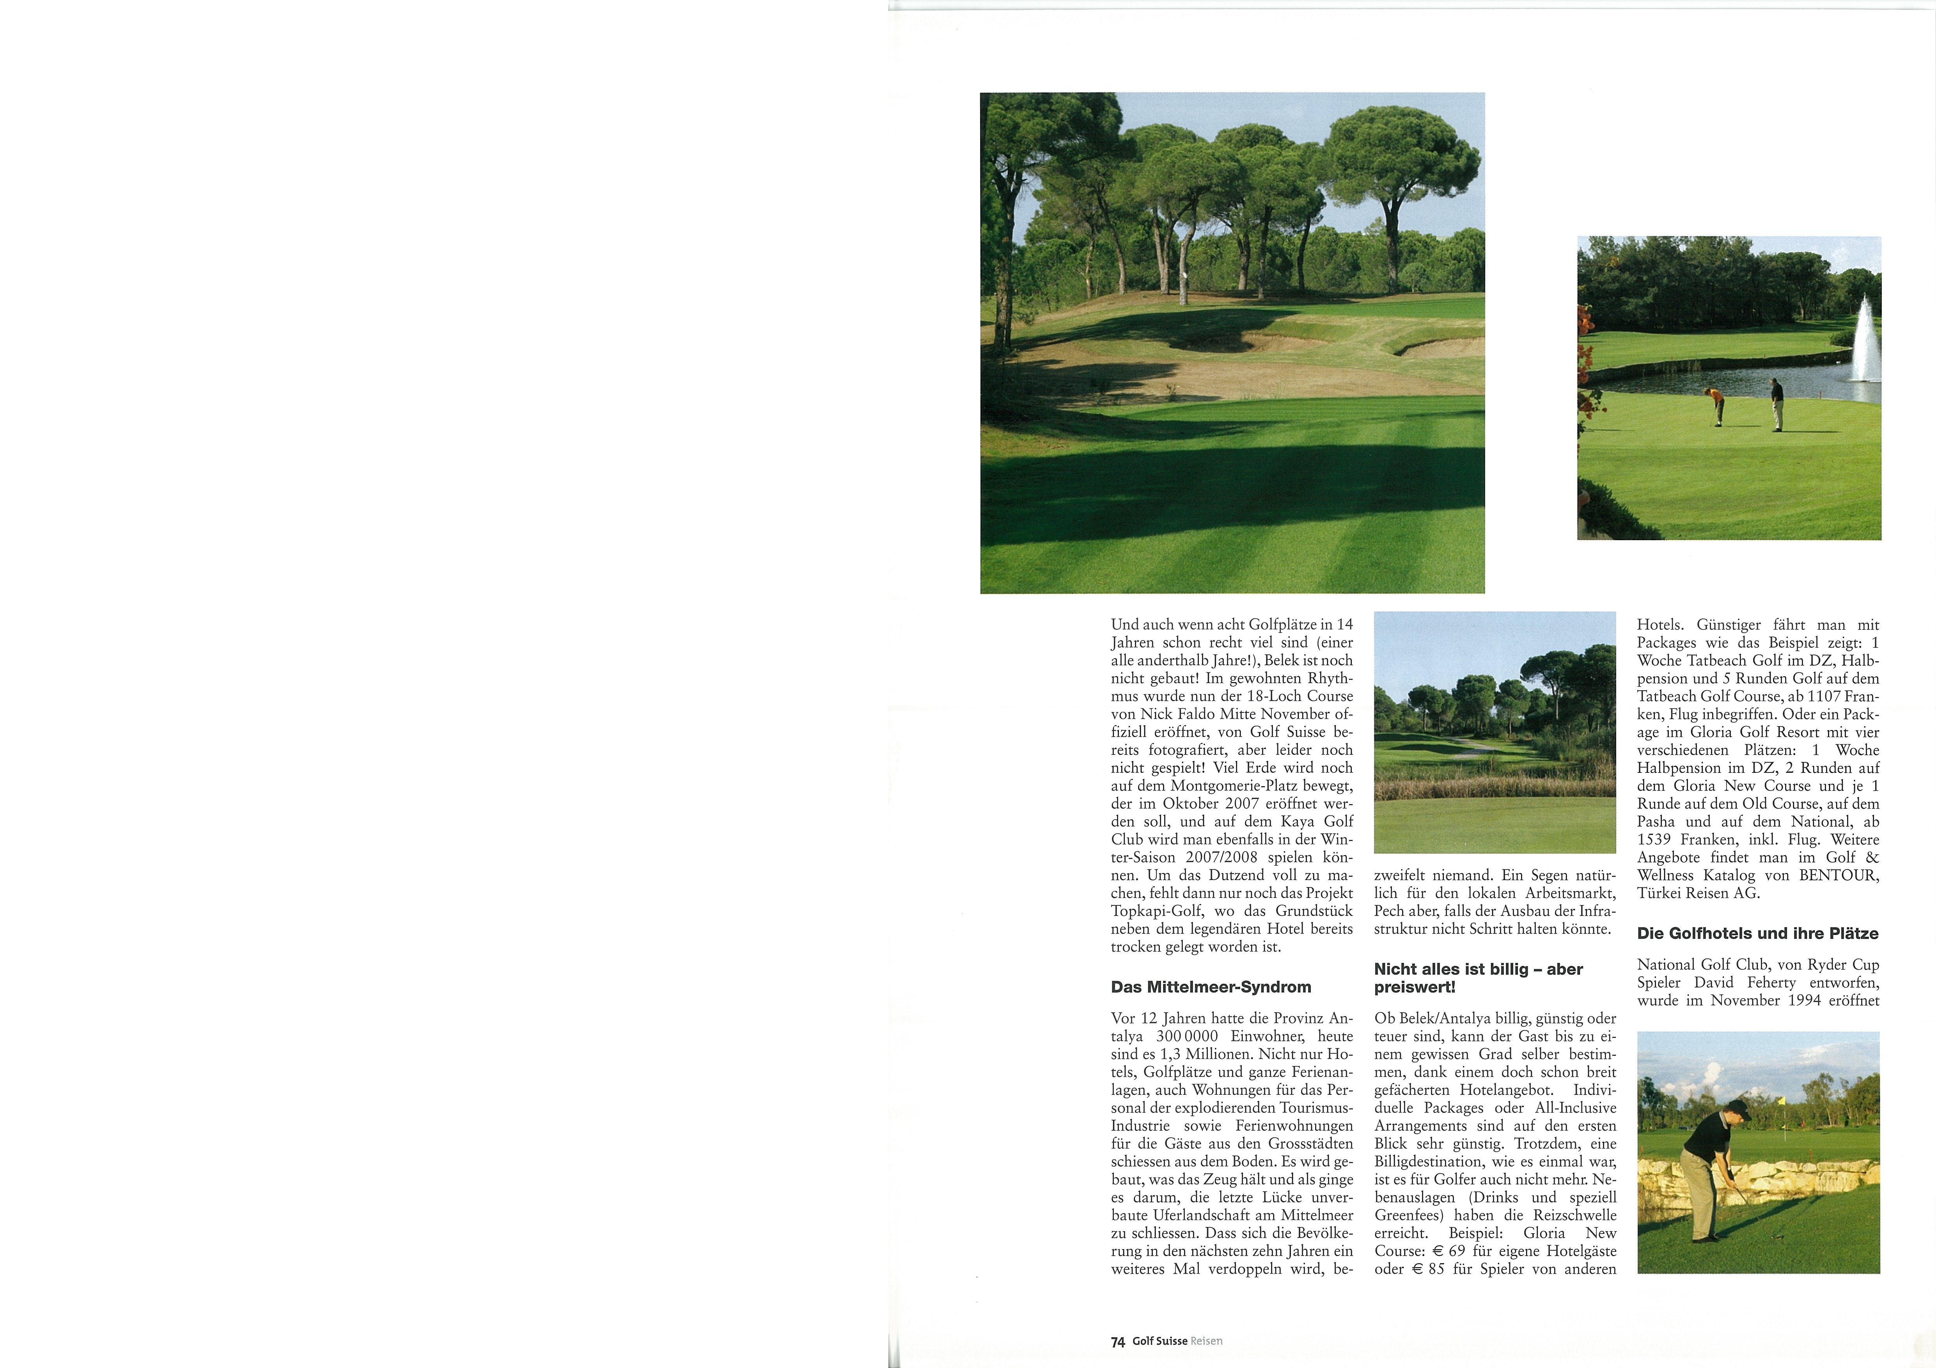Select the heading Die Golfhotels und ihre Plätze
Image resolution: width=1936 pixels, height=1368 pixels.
(x=1757, y=933)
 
